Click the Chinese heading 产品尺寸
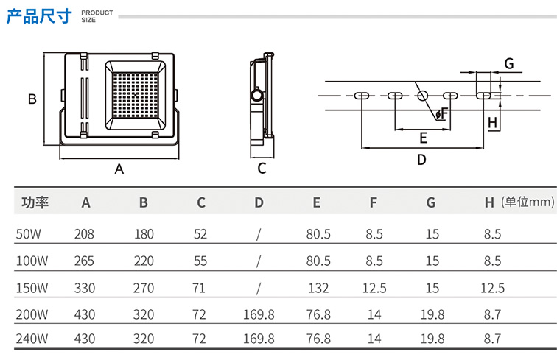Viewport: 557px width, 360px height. tap(39, 15)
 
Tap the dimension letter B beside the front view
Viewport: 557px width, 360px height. tap(32, 99)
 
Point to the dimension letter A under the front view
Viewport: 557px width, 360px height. tap(119, 169)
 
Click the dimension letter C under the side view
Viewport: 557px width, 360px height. tap(262, 169)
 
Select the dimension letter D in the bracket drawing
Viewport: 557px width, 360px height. tap(421, 159)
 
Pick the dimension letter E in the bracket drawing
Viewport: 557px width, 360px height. tap(423, 138)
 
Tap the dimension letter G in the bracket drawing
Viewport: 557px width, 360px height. tap(508, 63)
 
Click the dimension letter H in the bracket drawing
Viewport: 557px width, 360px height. tap(493, 121)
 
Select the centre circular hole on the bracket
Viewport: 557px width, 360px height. tap(423, 96)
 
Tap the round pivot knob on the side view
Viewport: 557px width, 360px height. tap(256, 96)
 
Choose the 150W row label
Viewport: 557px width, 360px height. tap(32, 288)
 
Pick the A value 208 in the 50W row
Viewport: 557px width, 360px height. tap(85, 234)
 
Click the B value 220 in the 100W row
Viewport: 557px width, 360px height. tap(144, 261)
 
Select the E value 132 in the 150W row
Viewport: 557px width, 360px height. tap(318, 288)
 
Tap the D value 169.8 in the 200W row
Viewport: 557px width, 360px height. tap(259, 314)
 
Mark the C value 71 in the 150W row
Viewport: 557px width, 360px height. tap(199, 288)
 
